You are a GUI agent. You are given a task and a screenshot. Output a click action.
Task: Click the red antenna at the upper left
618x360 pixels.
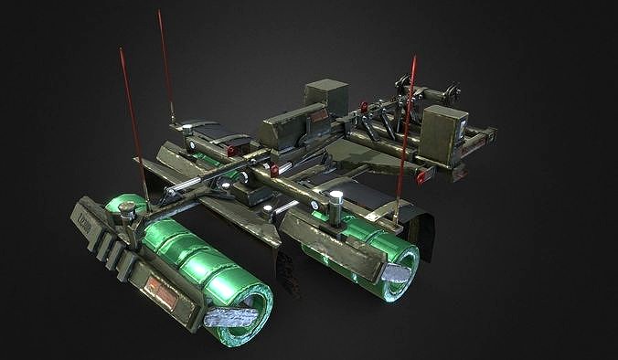pos(166,64)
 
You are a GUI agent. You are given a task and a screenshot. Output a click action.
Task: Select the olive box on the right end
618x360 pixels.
pos(444,134)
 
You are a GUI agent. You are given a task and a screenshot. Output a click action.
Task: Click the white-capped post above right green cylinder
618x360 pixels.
pos(336,203)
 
